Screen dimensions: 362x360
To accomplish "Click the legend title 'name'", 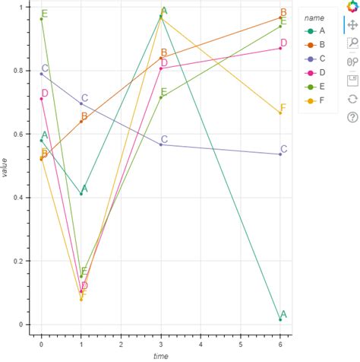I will [314, 17].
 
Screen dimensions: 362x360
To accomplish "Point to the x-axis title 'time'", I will [160, 355].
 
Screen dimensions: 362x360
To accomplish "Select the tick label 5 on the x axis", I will [240, 344].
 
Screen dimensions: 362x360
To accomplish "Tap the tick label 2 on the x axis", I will [121, 344].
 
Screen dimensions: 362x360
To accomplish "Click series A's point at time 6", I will [280, 320].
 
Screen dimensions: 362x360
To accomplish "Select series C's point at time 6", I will [280, 154].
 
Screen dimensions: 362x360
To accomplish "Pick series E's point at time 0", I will [41, 19].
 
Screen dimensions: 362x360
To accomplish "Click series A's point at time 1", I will [81, 194].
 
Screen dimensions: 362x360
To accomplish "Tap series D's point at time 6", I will [280, 49].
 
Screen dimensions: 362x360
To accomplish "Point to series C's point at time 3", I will [161, 144].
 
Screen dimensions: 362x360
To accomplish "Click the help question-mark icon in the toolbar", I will [352, 116].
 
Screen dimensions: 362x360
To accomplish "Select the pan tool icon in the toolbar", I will [352, 25].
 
